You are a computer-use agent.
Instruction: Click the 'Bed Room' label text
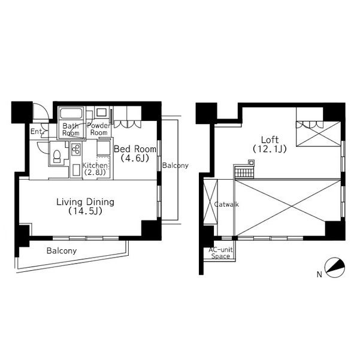pos(135,149)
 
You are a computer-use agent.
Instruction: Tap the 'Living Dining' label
pos(85,202)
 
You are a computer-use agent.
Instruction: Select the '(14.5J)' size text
pos(85,212)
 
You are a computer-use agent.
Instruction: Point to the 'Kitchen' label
pos(95,165)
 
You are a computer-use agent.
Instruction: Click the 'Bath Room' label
pos(71,130)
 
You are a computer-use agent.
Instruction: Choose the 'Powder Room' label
pos(98,129)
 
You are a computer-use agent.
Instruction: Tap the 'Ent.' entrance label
pos(36,131)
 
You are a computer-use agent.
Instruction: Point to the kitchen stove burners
pos(77,150)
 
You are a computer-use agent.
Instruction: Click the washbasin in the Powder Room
pos(101,111)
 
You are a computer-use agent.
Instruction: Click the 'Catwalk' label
pos(226,204)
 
